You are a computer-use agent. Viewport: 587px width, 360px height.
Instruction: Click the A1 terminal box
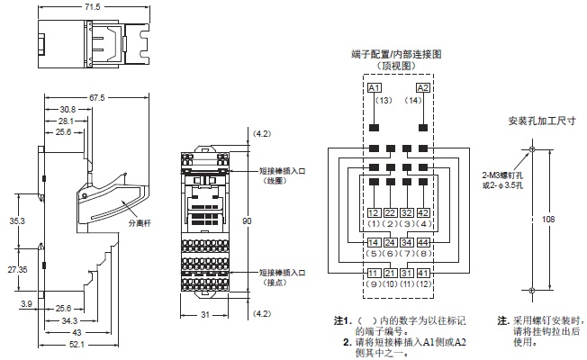click(x=375, y=87)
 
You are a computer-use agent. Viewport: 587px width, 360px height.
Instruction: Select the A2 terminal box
click(x=424, y=87)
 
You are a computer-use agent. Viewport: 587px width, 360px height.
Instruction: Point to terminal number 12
click(x=373, y=212)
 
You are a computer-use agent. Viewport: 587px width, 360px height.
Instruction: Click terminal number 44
click(x=424, y=242)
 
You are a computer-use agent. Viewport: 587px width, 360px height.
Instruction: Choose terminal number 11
click(x=373, y=273)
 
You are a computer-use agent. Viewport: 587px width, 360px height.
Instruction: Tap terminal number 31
click(x=407, y=273)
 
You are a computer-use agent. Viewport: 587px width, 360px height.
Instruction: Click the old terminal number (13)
click(x=375, y=100)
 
